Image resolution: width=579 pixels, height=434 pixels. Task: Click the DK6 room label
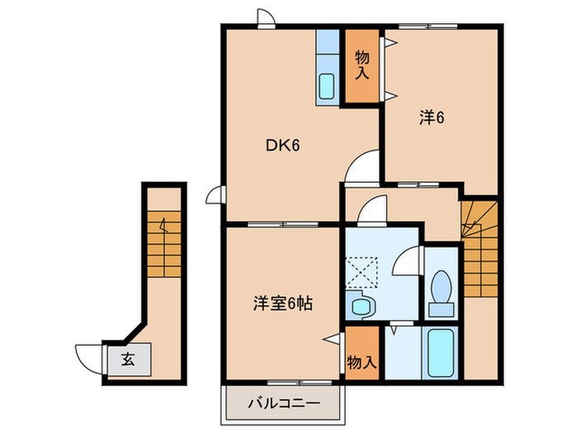(x=281, y=146)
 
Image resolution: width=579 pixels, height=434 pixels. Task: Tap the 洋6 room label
(x=432, y=118)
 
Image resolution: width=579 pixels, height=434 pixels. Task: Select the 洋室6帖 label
(x=282, y=303)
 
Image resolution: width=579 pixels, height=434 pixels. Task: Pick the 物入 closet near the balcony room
(x=361, y=361)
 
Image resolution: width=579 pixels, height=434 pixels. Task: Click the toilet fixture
(x=442, y=294)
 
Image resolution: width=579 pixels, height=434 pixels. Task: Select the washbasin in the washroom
(x=361, y=308)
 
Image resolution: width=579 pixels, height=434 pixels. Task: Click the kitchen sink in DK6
(x=327, y=86)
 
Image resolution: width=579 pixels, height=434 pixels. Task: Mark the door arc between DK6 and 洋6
(x=364, y=166)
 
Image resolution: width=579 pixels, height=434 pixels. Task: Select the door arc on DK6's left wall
(x=214, y=195)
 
